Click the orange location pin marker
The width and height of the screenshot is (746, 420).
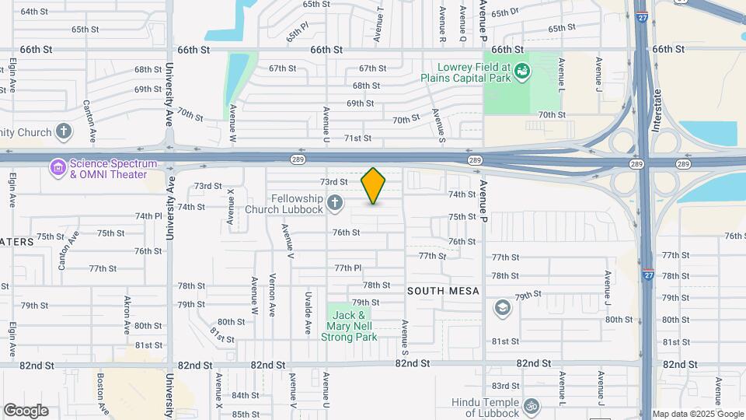pyautogui.click(x=374, y=186)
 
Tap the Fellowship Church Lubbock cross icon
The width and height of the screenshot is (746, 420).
pyautogui.click(x=335, y=204)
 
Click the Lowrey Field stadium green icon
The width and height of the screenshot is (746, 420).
pyautogui.click(x=523, y=72)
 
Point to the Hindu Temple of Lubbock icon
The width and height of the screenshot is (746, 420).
pyautogui.click(x=532, y=405)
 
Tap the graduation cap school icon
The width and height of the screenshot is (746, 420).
pyautogui.click(x=502, y=306)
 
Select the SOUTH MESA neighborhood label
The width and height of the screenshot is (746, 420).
pyautogui.click(x=441, y=291)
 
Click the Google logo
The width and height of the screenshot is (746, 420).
pyautogui.click(x=26, y=411)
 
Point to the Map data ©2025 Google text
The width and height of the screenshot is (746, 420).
pyautogui.click(x=697, y=414)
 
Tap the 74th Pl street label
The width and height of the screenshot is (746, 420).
pyautogui.click(x=148, y=216)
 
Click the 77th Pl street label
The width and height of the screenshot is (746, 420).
pyautogui.click(x=348, y=268)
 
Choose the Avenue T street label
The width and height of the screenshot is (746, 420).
pyautogui.click(x=378, y=25)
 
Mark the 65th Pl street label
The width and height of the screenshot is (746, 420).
pyautogui.click(x=296, y=33)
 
